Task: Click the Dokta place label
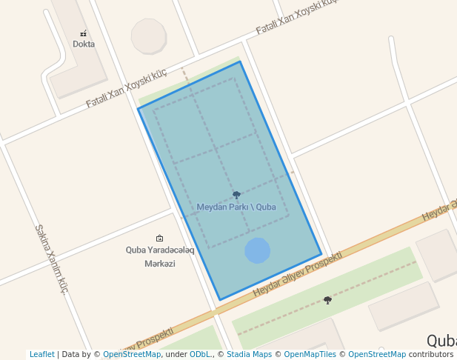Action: coord(84,44)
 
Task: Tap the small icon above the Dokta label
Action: coord(84,33)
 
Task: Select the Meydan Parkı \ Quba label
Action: coord(236,207)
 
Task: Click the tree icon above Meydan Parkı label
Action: coord(236,196)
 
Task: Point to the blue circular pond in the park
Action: coord(257,250)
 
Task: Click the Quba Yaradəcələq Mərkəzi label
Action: coord(160,256)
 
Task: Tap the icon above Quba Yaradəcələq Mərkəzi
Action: coord(160,238)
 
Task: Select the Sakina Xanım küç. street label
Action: coord(52,259)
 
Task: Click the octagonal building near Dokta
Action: coord(149,36)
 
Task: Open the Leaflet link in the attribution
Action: coord(42,355)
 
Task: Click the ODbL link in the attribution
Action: coord(199,355)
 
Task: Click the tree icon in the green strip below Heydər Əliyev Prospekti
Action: coord(327,300)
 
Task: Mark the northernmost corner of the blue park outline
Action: coord(240,61)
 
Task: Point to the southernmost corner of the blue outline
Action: coord(220,300)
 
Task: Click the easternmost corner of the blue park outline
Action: coord(321,255)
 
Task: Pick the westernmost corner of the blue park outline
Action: coord(139,110)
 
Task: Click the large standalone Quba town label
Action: coord(441,340)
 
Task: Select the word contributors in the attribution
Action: coord(430,355)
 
